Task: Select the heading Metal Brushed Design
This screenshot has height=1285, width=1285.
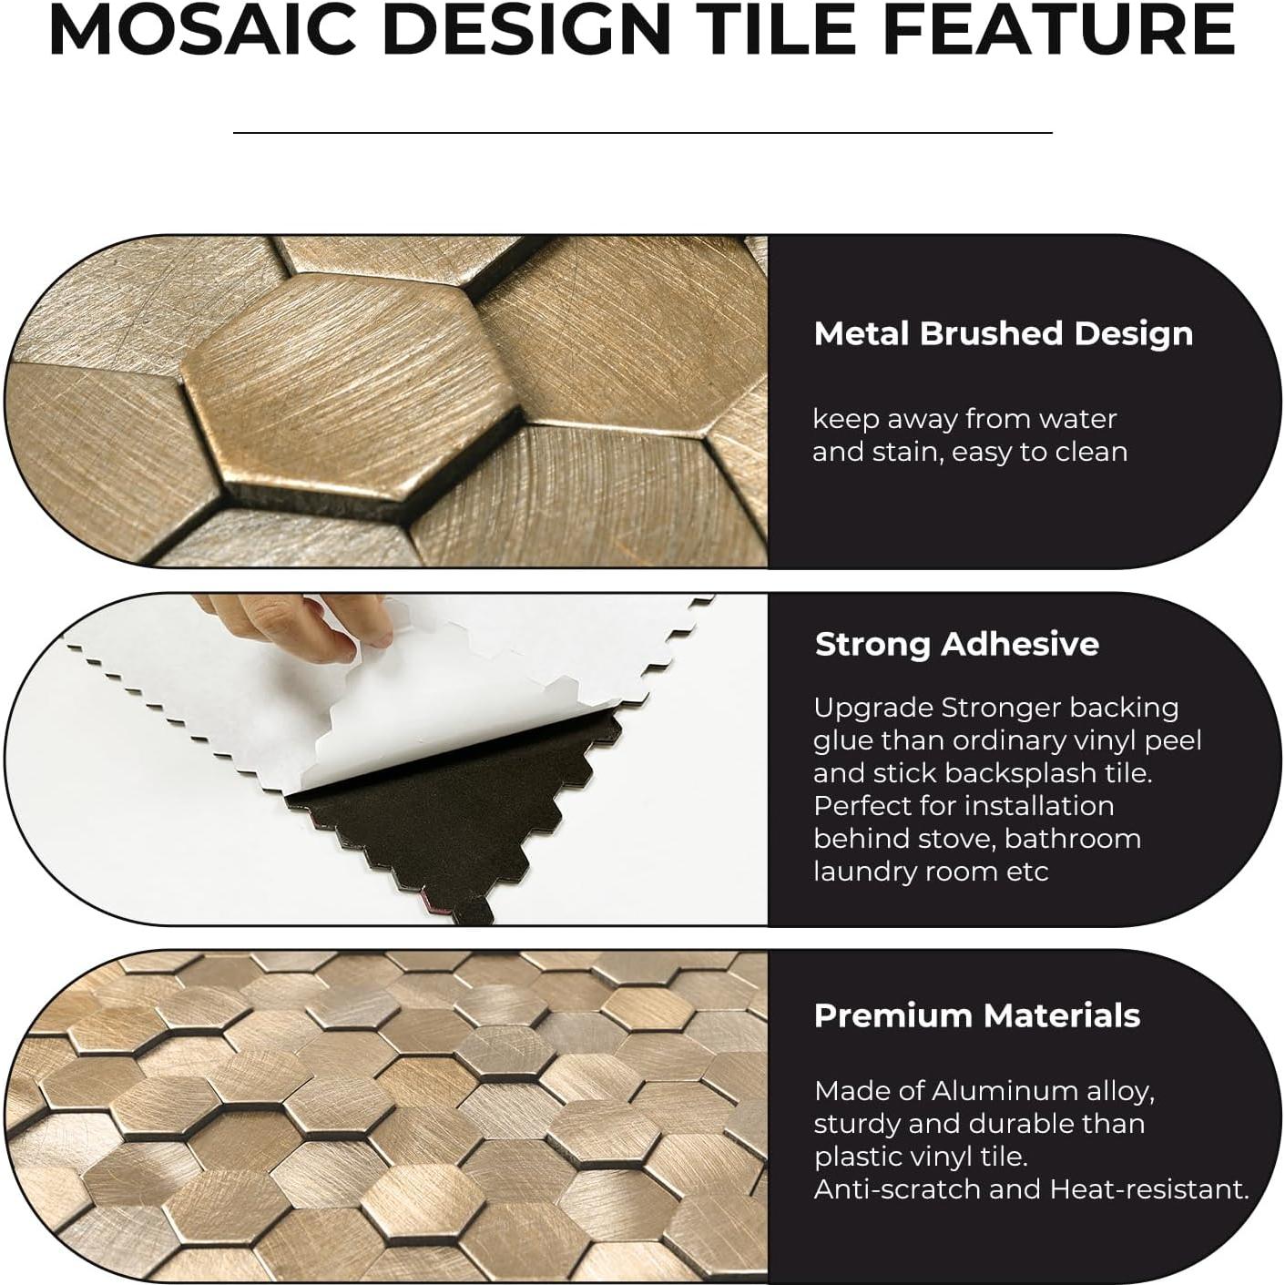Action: (1003, 334)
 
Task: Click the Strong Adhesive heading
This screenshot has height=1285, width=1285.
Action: (956, 645)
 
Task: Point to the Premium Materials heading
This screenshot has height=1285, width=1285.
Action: (976, 1015)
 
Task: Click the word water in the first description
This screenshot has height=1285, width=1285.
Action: (1077, 419)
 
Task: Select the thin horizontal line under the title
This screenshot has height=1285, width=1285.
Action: (642, 133)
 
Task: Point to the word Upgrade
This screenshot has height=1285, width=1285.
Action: (872, 708)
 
